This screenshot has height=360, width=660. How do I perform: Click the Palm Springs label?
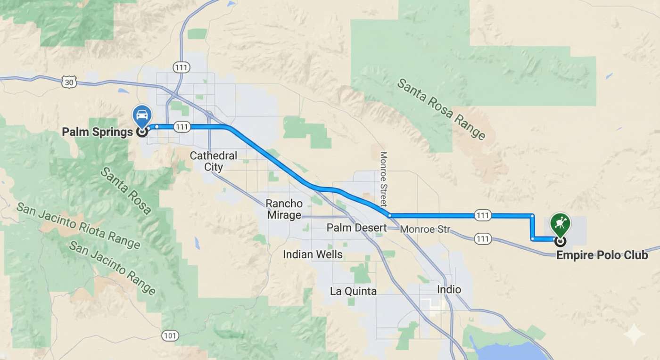click(97, 131)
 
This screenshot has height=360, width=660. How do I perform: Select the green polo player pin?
click(560, 223)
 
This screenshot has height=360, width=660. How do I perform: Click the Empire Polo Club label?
click(602, 255)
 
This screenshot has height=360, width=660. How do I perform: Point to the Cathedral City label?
click(214, 161)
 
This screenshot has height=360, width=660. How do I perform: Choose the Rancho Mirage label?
click(283, 209)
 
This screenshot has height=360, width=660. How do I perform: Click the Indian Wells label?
click(313, 254)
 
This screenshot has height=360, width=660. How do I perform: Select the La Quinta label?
click(353, 291)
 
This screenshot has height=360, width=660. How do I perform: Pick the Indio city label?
click(449, 289)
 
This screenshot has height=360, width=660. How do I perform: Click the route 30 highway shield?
click(69, 82)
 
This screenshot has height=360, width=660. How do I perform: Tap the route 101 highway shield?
click(170, 335)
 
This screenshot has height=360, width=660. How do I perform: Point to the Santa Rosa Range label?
click(441, 109)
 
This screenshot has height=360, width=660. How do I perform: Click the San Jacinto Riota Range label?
click(78, 226)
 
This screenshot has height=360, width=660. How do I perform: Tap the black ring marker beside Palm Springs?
click(141, 132)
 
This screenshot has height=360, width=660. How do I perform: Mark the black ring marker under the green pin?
click(560, 242)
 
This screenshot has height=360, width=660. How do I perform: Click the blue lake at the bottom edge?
click(509, 351)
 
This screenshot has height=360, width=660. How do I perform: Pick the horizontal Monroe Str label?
click(425, 229)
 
